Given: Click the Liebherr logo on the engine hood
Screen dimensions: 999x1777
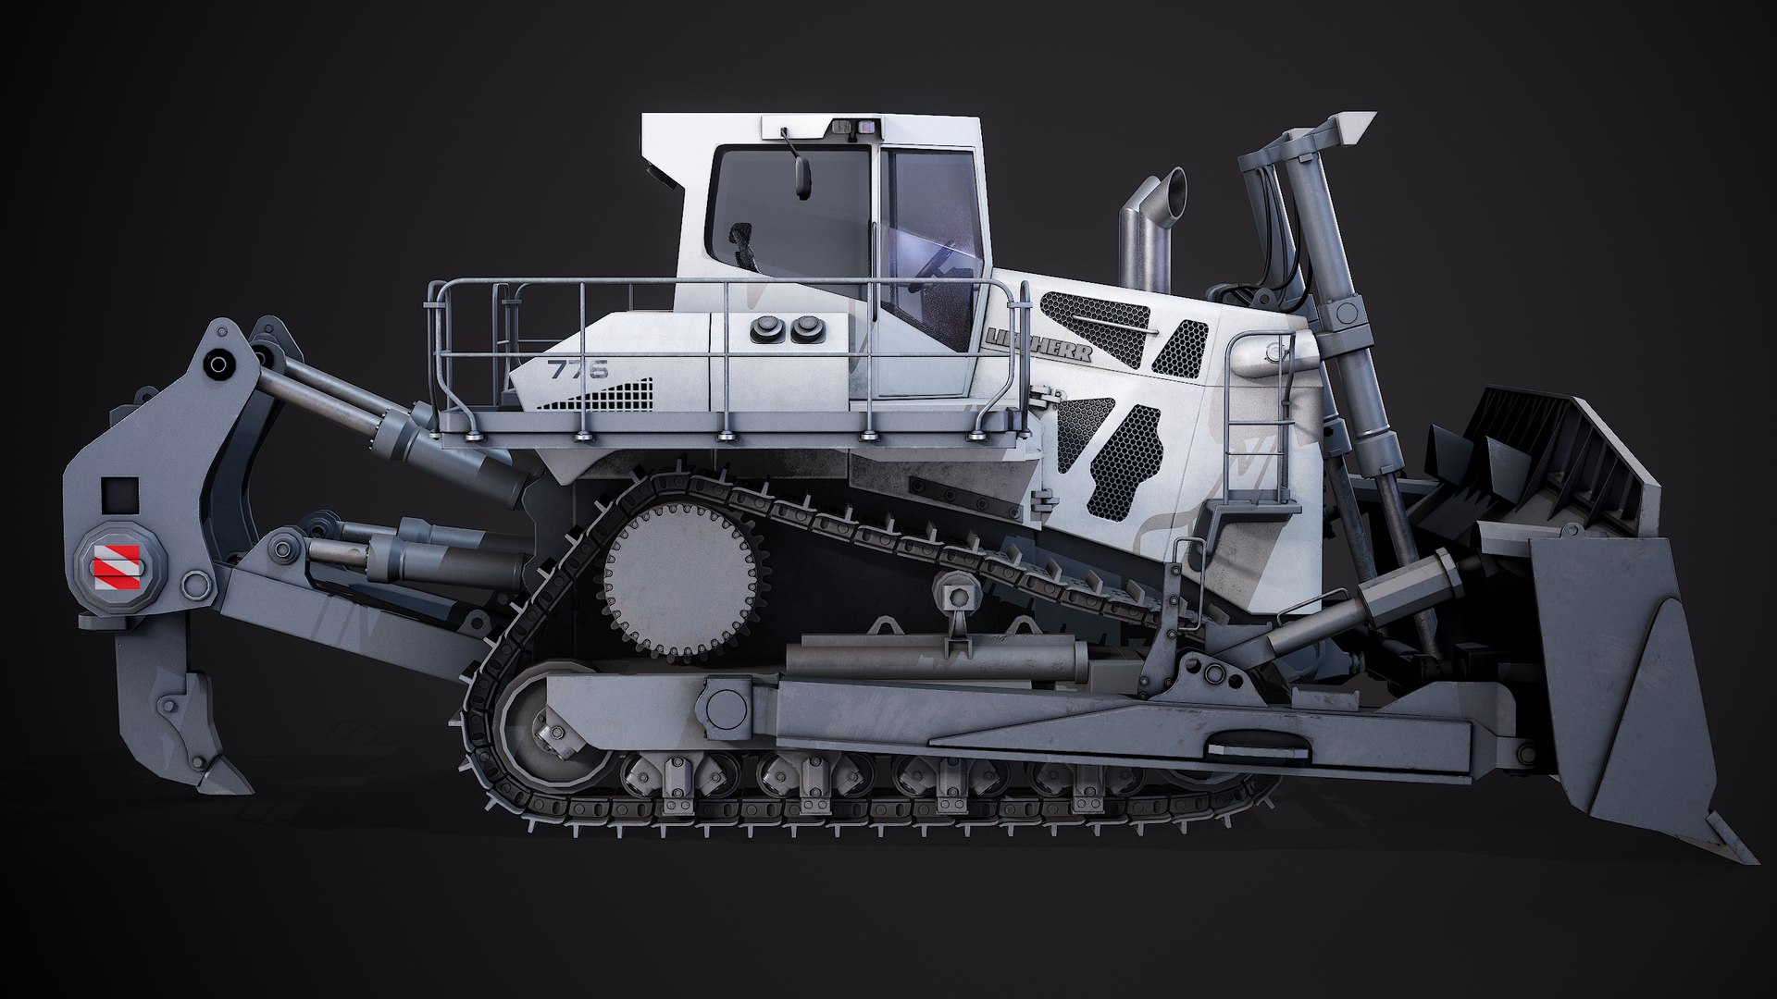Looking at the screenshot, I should [1038, 343].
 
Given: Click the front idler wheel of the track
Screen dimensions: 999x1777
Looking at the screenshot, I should [537, 732].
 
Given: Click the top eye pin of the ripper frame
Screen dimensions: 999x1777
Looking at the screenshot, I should [218, 364].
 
